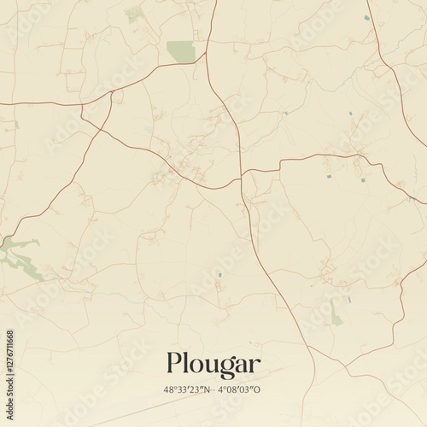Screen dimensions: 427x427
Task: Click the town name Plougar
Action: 213,366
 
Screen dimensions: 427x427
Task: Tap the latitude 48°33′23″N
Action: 189,390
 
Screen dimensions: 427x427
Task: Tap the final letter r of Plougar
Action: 254,366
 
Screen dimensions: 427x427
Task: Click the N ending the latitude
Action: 206,390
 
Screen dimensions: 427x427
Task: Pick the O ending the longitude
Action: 257,390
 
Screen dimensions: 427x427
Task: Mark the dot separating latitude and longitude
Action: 213,390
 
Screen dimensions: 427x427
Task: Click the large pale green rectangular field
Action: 180,51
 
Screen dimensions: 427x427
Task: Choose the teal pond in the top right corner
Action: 366,17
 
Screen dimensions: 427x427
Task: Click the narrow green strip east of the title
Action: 335,314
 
